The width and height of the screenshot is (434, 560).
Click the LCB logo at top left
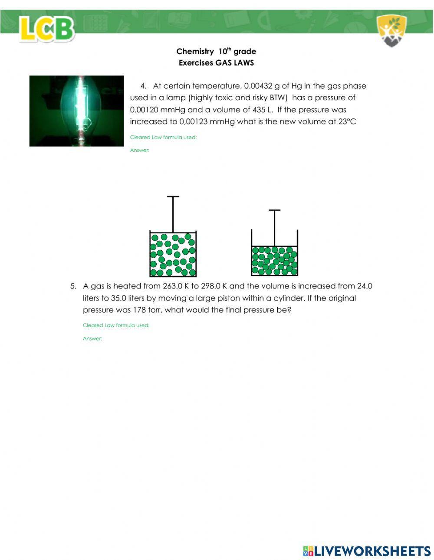coord(47,29)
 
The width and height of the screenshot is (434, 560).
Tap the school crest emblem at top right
coord(391,30)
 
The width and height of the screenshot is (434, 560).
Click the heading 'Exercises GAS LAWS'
coord(216,62)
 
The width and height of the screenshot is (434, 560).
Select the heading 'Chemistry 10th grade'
coord(216,51)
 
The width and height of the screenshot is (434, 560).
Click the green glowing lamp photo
coord(76,111)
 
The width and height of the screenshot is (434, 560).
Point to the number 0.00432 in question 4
coord(258,86)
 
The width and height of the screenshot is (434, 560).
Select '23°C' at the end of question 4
coord(347,121)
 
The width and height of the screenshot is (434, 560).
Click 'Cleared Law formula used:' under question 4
coord(163,138)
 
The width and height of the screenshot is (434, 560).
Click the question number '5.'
coord(73,286)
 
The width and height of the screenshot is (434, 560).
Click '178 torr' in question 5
coord(146,310)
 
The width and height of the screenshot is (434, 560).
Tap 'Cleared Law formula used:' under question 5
coord(116,325)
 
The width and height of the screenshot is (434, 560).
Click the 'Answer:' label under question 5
coord(92,339)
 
